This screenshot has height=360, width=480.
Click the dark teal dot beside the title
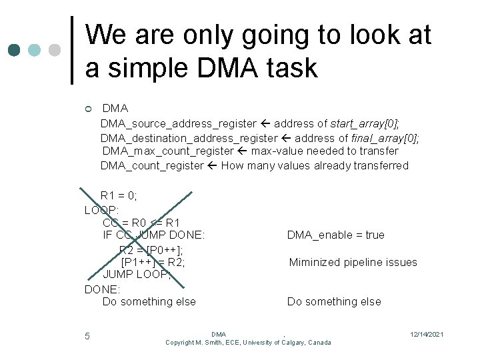pyautogui.click(x=14, y=50)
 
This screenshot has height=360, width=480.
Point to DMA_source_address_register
pyautogui.click(x=178, y=123)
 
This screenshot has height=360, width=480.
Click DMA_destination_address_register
pyautogui.click(x=189, y=138)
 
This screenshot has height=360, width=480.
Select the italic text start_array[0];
pyautogui.click(x=365, y=123)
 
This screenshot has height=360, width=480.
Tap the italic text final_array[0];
pyautogui.click(x=385, y=138)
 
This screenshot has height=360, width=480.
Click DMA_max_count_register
pyautogui.click(x=168, y=151)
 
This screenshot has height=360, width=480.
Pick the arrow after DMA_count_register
pyautogui.click(x=213, y=166)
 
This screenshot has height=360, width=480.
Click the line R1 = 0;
pyautogui.click(x=119, y=195)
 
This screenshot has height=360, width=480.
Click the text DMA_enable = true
pyautogui.click(x=335, y=235)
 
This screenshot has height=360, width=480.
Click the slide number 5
pyautogui.click(x=87, y=336)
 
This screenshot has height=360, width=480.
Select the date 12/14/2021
pyautogui.click(x=427, y=334)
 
